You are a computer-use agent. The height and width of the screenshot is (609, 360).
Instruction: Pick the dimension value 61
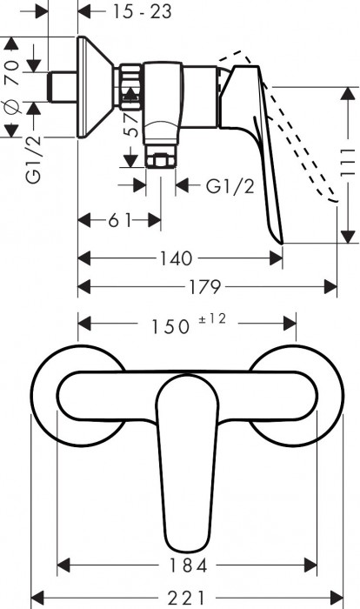coord(120,220)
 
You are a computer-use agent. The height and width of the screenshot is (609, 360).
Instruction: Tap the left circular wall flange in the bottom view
coord(52,397)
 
